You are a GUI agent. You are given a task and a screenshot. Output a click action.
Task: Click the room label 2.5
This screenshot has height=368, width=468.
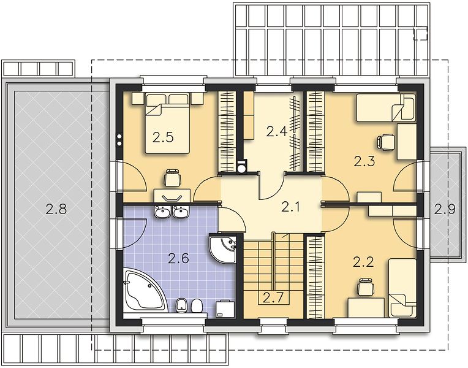tap(163, 137)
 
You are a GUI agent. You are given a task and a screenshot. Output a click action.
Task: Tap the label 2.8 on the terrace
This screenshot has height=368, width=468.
tap(56, 209)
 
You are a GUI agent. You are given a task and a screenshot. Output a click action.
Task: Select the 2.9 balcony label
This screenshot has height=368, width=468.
tap(445, 209)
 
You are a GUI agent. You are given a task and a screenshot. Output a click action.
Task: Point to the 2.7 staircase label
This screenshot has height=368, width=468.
tap(273, 297)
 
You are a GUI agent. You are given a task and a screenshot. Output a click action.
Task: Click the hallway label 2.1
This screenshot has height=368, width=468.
tap(290, 207)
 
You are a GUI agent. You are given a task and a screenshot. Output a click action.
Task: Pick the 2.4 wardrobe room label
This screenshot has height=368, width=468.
tap(277, 131)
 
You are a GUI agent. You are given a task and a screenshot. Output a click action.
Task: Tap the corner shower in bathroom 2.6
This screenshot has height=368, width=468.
tap(223, 247)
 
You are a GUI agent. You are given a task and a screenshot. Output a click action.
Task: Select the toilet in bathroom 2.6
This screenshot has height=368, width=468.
tap(196, 305)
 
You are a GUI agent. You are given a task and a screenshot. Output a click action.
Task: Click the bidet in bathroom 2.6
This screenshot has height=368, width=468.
tap(181, 305)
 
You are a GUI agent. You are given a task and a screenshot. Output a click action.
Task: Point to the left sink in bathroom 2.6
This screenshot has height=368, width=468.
tap(163, 212)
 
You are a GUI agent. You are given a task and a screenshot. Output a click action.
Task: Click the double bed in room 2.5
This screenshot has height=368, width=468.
tap(167, 123)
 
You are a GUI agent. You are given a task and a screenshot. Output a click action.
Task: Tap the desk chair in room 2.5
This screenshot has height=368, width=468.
tap(173, 178)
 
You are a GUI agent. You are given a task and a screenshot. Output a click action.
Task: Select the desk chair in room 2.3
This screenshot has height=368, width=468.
tap(386, 141)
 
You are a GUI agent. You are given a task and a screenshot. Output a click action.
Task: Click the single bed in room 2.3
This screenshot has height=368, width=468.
tap(386, 107)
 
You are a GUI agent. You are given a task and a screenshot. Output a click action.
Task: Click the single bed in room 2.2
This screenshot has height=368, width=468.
tap(402, 288)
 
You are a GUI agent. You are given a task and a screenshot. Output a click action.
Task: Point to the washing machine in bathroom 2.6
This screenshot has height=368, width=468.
tap(225, 309)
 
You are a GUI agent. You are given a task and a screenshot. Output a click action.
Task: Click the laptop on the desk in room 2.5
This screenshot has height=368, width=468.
tap(172, 197)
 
